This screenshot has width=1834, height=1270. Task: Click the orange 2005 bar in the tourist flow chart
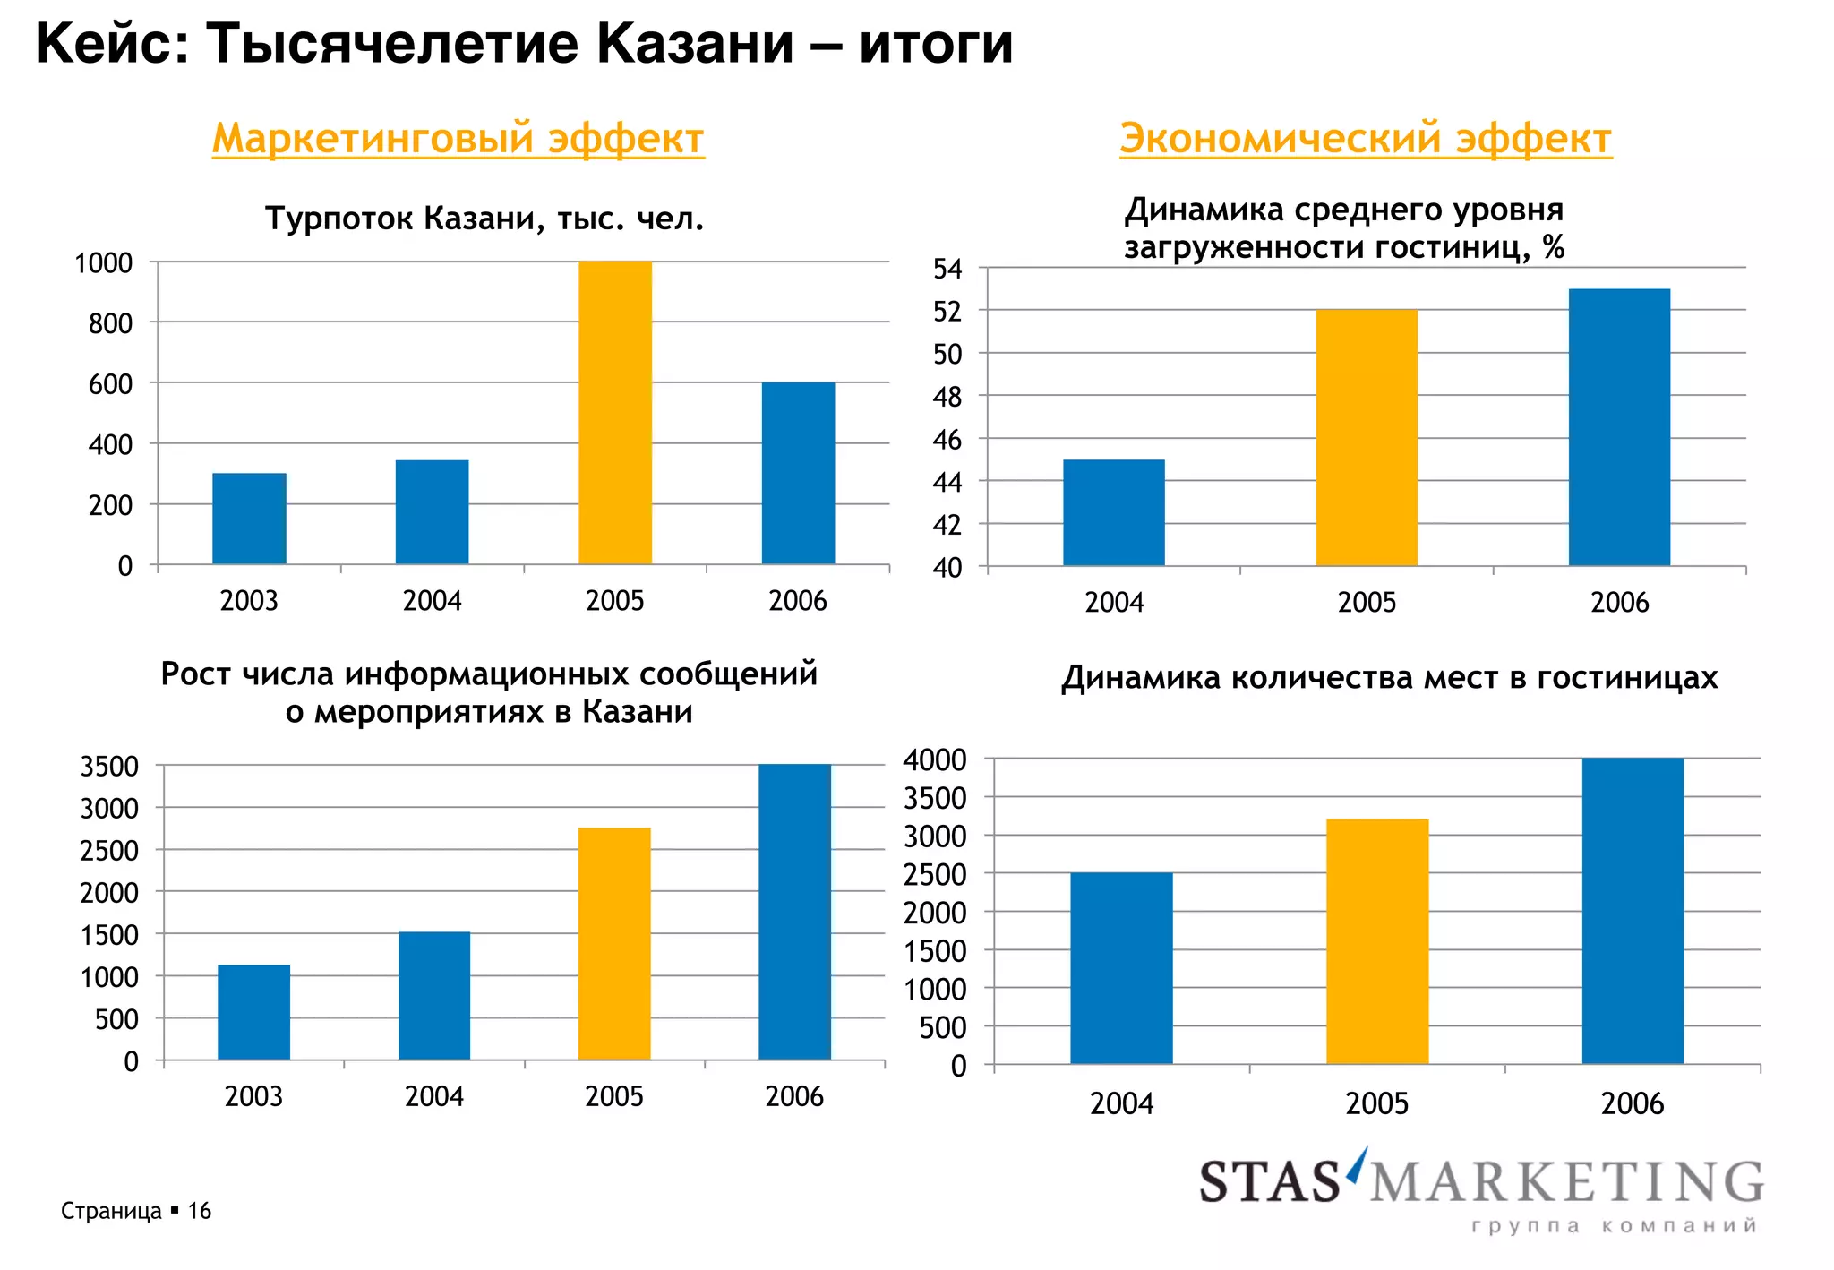click(615, 412)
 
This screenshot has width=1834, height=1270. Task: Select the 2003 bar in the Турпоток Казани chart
click(249, 519)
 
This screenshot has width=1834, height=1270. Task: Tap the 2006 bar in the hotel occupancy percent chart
click(1619, 427)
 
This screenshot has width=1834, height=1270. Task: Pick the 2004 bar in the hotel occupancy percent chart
click(1114, 512)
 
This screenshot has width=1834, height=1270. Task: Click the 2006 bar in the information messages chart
click(794, 912)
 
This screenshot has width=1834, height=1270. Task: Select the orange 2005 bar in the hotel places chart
click(1377, 941)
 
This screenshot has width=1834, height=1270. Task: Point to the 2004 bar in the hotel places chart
click(1121, 968)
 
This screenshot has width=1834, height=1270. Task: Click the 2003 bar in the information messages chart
click(253, 1012)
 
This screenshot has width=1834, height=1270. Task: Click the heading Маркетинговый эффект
click(458, 139)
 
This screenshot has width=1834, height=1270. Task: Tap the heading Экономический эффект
click(1366, 139)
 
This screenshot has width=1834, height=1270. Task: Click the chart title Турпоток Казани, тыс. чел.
click(484, 219)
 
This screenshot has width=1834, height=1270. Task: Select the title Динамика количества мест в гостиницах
click(1389, 678)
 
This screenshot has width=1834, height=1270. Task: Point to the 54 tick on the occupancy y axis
click(947, 269)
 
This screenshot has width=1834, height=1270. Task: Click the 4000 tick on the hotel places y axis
click(935, 760)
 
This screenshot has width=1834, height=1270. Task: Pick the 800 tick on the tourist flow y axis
click(110, 323)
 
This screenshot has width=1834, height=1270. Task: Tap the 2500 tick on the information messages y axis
click(109, 851)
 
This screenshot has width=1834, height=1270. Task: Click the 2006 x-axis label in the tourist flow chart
click(798, 601)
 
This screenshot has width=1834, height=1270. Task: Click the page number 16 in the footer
click(199, 1211)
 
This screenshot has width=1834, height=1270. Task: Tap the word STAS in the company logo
click(1270, 1182)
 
